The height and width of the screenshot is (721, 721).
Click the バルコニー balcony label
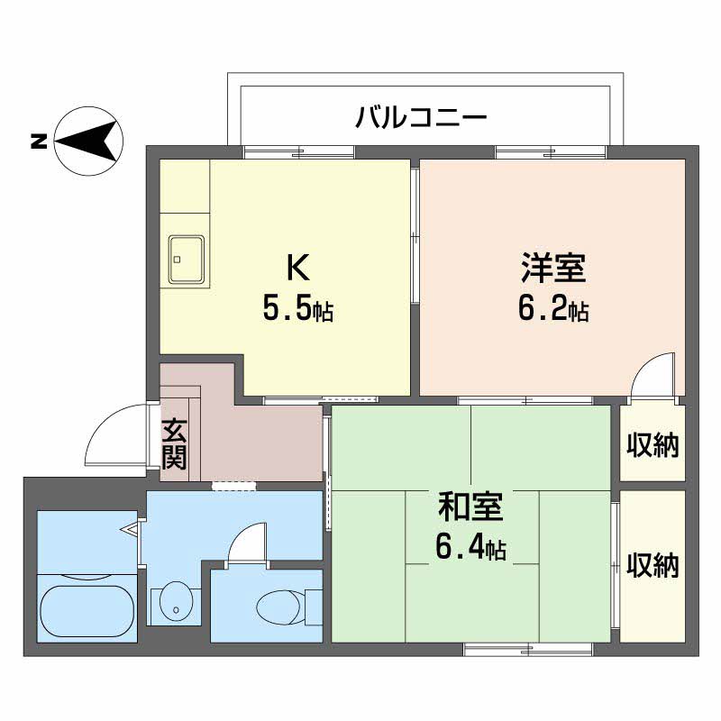point(421,117)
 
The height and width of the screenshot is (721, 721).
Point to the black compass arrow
point(90,141)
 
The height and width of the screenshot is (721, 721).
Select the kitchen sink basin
point(186,260)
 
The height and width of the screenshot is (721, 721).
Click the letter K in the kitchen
point(297,267)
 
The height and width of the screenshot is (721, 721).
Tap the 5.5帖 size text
point(297,310)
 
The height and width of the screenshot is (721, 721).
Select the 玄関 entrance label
point(175,443)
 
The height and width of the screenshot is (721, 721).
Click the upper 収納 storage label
point(653,443)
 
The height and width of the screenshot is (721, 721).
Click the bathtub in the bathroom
point(87,611)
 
